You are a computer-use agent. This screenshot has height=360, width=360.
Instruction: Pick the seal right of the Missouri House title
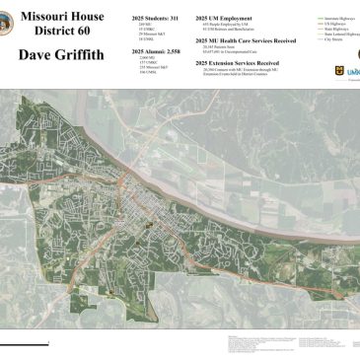pos(117,25)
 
